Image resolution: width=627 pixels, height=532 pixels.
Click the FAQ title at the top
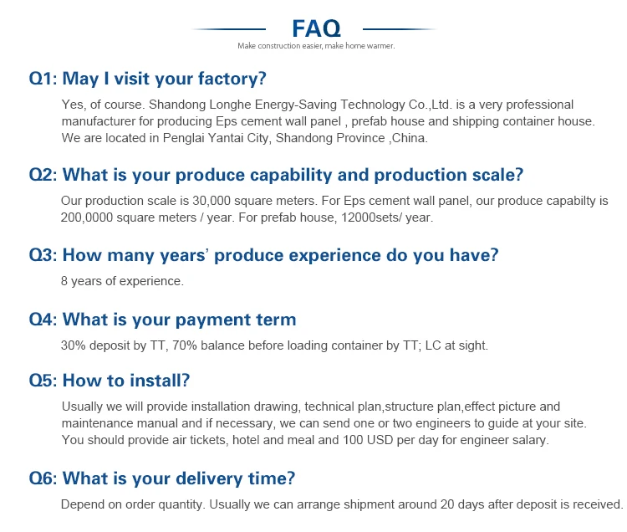316,28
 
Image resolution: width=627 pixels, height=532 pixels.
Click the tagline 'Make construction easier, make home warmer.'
316,46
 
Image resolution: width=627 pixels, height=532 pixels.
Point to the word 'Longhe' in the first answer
231,105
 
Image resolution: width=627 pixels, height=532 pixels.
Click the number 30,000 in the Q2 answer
212,201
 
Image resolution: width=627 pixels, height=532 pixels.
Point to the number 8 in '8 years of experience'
64,281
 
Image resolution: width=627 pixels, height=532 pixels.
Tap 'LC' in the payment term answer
433,345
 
